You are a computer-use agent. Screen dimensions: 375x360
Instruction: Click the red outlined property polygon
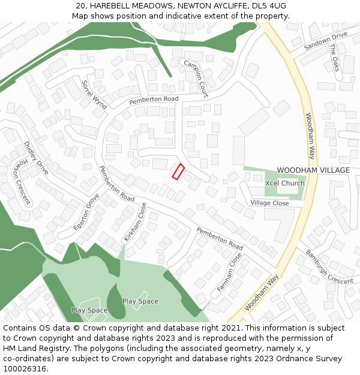point(178,171)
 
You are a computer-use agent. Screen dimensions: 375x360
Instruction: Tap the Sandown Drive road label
point(325,41)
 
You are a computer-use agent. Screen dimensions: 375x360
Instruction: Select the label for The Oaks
point(334,57)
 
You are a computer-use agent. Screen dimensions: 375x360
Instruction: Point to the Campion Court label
point(196,79)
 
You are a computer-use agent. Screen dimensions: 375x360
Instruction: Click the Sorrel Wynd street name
point(94,94)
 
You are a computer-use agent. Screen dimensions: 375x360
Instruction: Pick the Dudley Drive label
point(36,158)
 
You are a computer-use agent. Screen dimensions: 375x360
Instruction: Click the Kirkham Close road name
point(135,222)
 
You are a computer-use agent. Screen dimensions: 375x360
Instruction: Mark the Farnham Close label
point(229,272)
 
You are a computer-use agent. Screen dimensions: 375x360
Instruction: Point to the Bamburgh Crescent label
point(329,267)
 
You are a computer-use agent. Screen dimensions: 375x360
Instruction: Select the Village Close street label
point(269,203)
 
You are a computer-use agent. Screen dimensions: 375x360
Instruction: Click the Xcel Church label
point(284,183)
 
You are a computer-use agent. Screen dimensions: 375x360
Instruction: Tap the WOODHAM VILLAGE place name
point(313,170)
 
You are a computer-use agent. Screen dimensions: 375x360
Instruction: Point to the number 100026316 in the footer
point(25,368)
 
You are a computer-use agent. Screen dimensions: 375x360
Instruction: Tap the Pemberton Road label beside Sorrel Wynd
point(154,99)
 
